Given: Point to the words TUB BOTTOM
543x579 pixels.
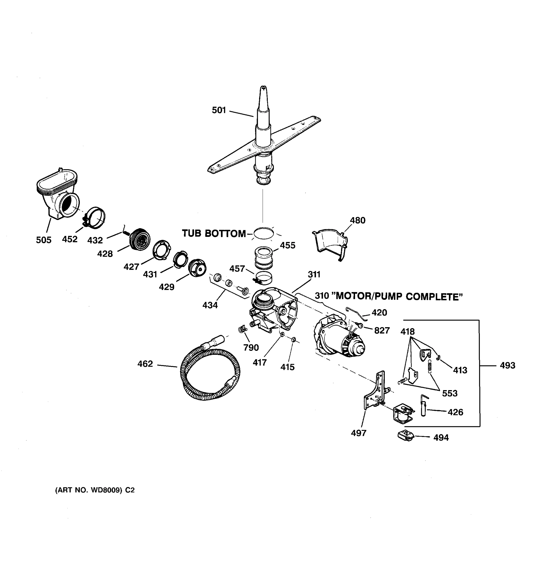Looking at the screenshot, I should (214, 234).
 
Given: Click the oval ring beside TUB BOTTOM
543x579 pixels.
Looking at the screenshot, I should (264, 233).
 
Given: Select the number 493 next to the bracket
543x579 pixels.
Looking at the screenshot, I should (508, 365).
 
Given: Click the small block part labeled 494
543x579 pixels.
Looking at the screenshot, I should (405, 436).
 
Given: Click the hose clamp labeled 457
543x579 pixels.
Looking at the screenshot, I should (264, 277).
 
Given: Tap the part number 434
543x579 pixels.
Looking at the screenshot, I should (210, 305).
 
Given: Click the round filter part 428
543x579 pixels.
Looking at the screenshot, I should (140, 239).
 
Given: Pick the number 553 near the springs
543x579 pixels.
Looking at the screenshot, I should (450, 393).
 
